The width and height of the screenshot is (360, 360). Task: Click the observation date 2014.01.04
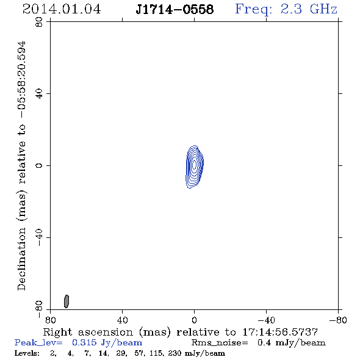point(62,9)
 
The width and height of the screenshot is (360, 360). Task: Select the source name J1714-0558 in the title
point(175,9)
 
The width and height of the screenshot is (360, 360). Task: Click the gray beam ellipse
point(67,301)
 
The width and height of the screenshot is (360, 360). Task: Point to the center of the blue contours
point(195,165)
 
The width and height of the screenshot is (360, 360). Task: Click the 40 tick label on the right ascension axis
point(122,320)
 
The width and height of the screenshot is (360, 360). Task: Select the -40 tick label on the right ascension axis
point(266,320)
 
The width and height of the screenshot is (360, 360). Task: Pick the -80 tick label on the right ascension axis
point(338,320)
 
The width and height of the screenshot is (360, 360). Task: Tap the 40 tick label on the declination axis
point(39,94)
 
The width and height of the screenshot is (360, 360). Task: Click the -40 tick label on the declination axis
point(39,237)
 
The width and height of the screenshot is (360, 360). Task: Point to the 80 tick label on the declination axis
point(39,22)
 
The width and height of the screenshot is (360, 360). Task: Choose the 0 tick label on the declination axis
point(39,165)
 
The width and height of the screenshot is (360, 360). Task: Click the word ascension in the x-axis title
point(106,332)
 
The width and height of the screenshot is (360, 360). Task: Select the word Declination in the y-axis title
point(21,259)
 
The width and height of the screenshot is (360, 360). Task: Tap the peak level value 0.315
point(84,342)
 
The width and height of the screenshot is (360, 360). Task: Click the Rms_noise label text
point(220,343)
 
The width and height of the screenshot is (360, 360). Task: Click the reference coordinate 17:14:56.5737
point(280,332)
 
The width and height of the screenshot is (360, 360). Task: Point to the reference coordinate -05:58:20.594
point(21,79)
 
